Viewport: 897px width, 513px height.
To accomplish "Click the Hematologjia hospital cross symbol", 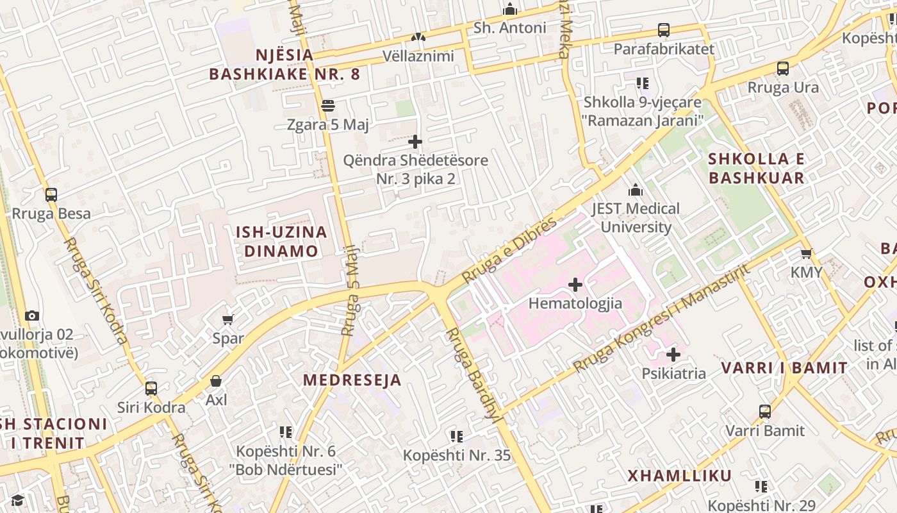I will pyautogui.click(x=575, y=284).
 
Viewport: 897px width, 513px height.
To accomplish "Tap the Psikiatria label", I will pyautogui.click(x=673, y=373).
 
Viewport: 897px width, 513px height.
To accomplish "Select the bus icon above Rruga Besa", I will pyautogui.click(x=51, y=195).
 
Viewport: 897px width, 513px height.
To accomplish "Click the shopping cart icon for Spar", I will pyautogui.click(x=227, y=319).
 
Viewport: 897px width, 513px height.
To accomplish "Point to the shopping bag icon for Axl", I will pyautogui.click(x=216, y=381).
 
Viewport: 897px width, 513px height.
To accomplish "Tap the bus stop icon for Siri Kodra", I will pyautogui.click(x=151, y=389).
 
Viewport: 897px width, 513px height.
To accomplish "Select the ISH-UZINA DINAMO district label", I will pyautogui.click(x=281, y=241).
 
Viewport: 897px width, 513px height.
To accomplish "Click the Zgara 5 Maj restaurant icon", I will pyautogui.click(x=328, y=105).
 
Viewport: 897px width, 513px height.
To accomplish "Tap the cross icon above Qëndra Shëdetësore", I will pyautogui.click(x=415, y=141).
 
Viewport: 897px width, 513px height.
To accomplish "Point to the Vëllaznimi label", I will pyautogui.click(x=418, y=56).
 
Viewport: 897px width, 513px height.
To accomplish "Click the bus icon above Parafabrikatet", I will pyautogui.click(x=664, y=30).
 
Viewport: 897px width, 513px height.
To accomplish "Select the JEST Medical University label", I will pyautogui.click(x=636, y=217).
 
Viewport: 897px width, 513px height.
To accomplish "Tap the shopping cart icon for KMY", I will pyautogui.click(x=806, y=253).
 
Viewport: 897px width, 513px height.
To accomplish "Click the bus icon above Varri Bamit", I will pyautogui.click(x=764, y=412).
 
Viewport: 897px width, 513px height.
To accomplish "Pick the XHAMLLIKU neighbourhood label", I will pyautogui.click(x=679, y=476).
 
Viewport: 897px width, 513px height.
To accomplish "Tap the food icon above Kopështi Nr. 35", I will pyautogui.click(x=456, y=437).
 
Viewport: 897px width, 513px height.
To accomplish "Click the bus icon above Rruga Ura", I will pyautogui.click(x=782, y=69).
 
